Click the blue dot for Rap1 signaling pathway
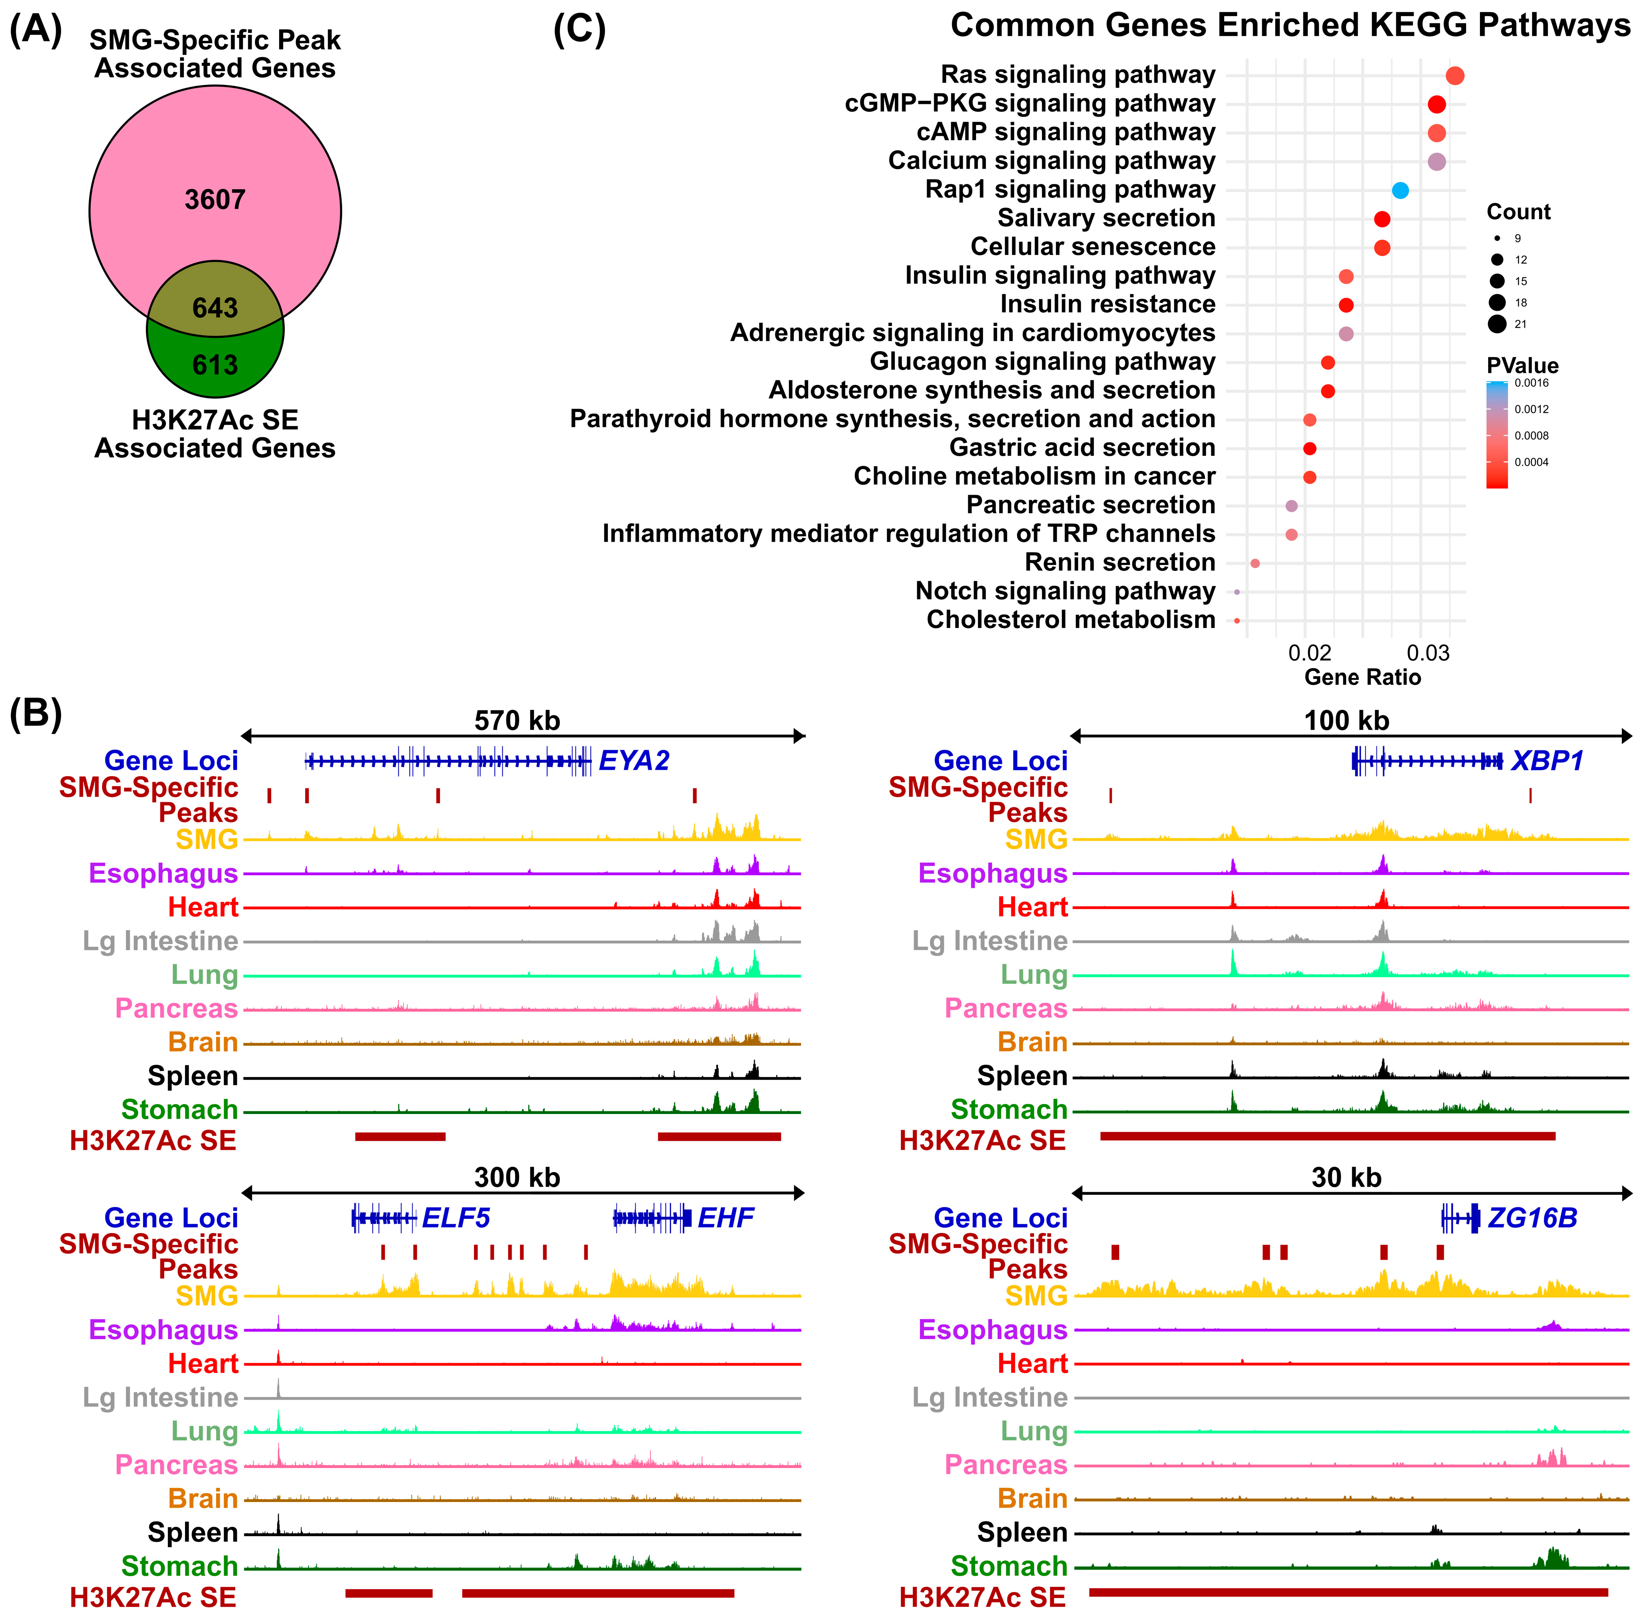point(1400,191)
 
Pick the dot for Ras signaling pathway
point(1454,76)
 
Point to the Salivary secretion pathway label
point(1106,218)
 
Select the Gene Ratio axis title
point(1362,677)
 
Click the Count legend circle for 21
point(1497,324)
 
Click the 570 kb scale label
point(517,721)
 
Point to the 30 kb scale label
point(1347,1178)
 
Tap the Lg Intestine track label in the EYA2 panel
point(160,941)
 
